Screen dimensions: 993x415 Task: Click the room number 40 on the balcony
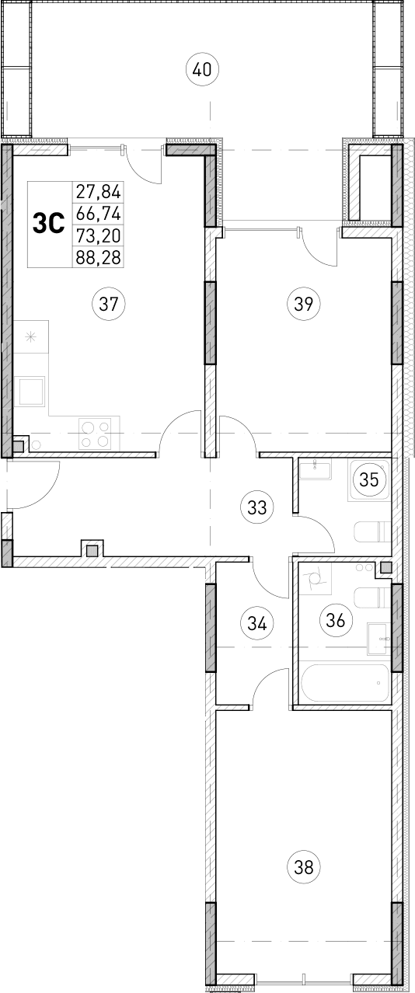(202, 70)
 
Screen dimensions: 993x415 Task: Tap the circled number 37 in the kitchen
(108, 304)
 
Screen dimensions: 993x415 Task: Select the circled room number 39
(303, 304)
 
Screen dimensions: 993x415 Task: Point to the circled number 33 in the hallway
(257, 508)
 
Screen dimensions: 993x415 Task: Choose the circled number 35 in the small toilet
(369, 479)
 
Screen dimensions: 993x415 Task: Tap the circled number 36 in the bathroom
(336, 620)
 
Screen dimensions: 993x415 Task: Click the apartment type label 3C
(48, 224)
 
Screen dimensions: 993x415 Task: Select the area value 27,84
(99, 191)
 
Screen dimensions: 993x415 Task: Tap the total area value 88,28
(99, 256)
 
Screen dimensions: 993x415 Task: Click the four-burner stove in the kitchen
(96, 434)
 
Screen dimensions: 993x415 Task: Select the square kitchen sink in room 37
(32, 390)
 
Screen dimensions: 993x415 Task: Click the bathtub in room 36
(343, 684)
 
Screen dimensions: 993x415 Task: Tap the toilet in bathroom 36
(371, 598)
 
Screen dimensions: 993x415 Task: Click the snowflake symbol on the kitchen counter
(30, 336)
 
